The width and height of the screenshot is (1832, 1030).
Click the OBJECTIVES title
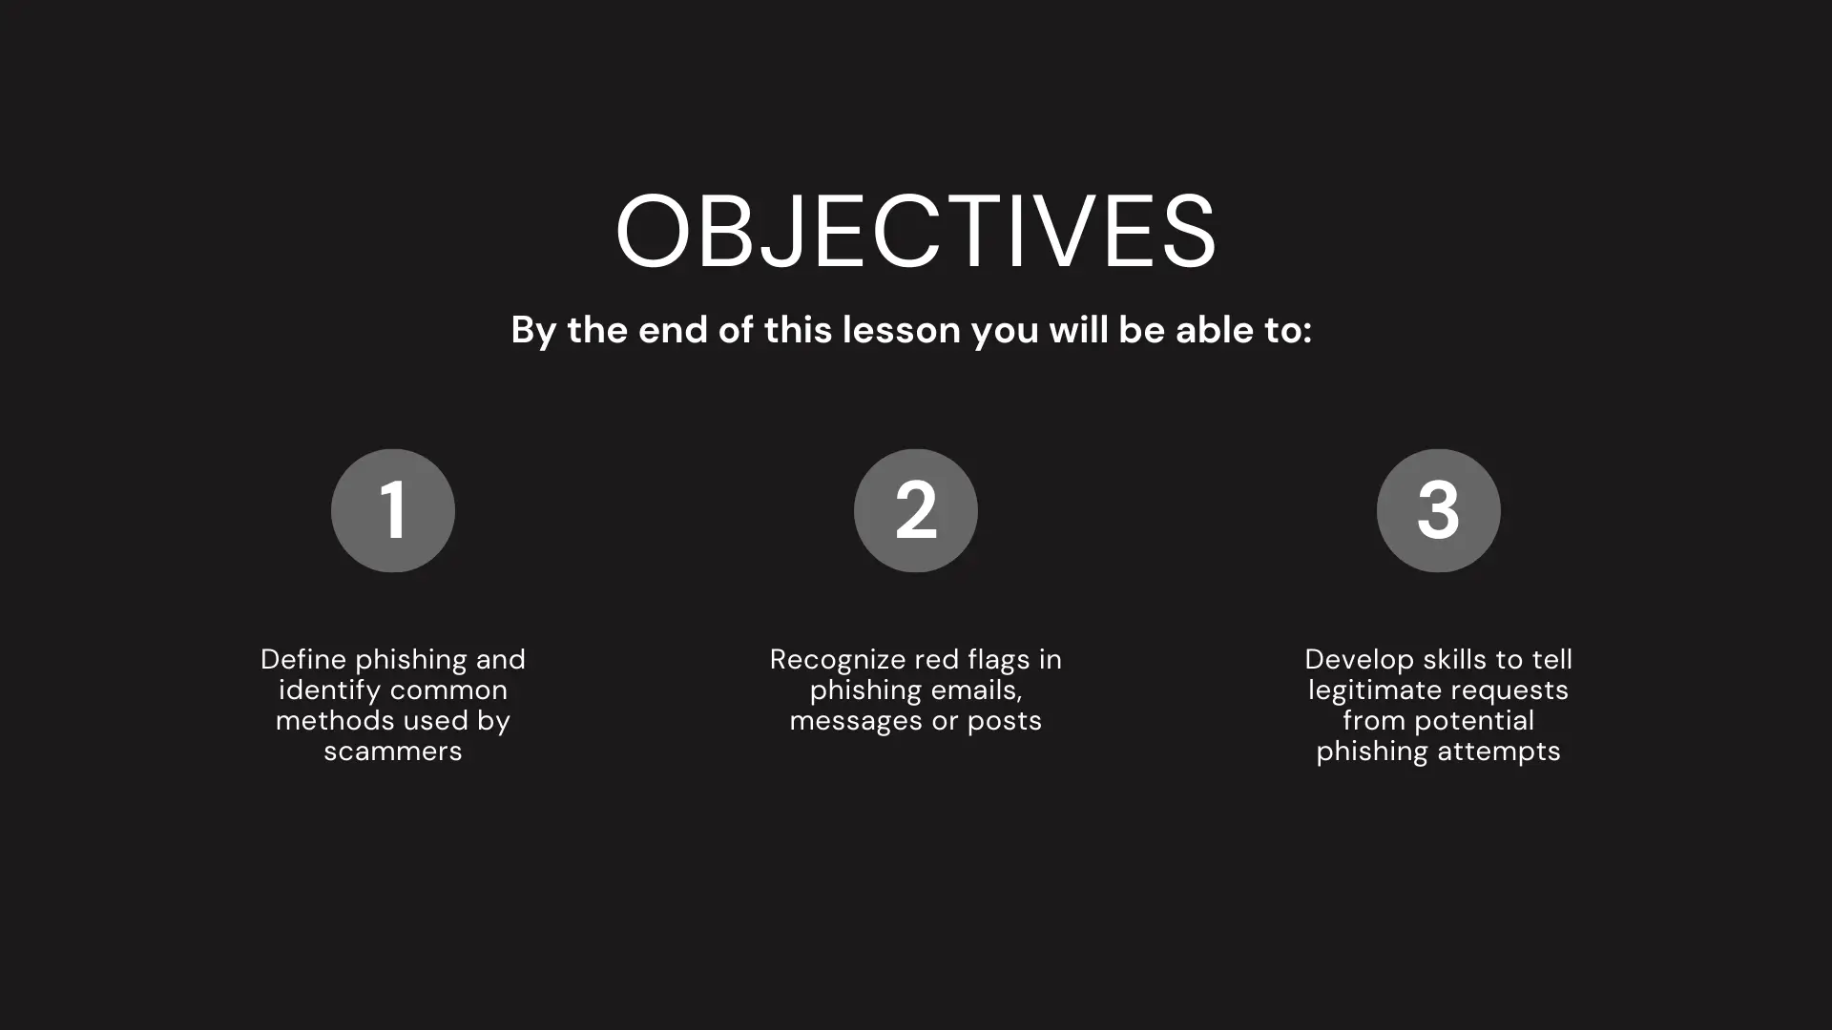pos(916,231)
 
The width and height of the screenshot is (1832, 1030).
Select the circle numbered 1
pos(393,510)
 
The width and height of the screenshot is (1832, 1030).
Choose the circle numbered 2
pos(916,510)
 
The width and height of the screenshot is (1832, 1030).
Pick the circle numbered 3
pos(1438,510)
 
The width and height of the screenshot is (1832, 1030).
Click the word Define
pos(303,659)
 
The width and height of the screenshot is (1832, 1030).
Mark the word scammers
pos(393,752)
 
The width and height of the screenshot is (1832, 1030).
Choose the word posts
pos(1005,722)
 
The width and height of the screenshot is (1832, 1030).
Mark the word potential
pos(1474,722)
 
